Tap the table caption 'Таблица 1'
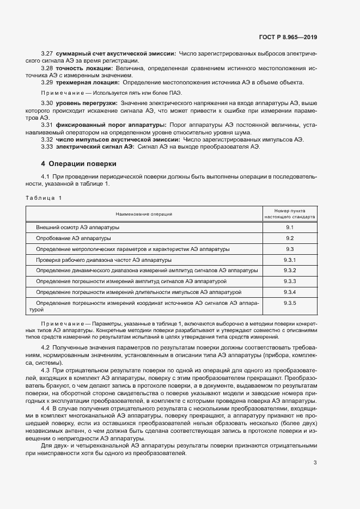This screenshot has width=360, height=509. point(44,198)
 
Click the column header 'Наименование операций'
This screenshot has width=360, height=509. point(144,214)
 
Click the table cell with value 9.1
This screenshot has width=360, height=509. point(290,228)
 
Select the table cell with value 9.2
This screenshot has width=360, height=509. point(290,238)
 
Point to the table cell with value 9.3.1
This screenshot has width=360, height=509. point(290,260)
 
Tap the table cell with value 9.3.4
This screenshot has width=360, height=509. point(290,292)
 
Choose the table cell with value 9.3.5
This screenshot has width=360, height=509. point(290,303)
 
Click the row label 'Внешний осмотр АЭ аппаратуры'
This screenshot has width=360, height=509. point(77,228)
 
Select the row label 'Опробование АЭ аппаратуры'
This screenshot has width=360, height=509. point(74,238)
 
